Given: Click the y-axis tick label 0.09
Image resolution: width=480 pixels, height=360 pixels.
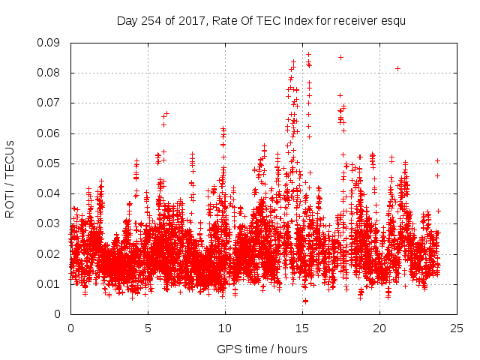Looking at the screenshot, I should coord(51,43).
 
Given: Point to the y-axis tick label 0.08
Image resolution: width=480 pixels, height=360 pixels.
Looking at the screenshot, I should coord(51,73).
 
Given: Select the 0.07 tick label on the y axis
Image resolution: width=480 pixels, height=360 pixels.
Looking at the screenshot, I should coord(51,103).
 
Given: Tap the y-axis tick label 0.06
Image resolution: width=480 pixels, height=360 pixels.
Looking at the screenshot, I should coord(51,133).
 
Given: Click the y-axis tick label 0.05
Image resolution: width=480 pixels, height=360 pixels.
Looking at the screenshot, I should coord(51,163).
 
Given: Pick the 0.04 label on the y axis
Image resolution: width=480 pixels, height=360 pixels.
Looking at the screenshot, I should coord(51,193).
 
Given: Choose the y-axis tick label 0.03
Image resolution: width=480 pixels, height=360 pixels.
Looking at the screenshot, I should coord(51,223).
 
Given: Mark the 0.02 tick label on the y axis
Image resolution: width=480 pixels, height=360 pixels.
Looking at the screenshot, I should coord(51,253).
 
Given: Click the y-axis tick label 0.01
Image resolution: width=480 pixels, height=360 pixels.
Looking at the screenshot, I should coord(51,283).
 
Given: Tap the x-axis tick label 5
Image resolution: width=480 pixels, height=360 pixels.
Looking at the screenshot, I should coord(148,328).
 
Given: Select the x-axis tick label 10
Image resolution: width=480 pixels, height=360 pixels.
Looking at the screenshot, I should coord(225,328).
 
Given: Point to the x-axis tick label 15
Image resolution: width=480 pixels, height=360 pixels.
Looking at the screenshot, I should coord(302,328).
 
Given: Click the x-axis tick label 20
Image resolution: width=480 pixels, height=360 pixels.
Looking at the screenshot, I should coord(380,328).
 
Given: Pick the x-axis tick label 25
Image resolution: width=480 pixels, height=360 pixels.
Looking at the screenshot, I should coord(457,328).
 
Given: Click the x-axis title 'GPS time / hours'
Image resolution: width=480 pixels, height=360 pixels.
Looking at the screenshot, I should coord(262,349).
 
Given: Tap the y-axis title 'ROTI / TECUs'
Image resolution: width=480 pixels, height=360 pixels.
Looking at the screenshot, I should coord(10,178).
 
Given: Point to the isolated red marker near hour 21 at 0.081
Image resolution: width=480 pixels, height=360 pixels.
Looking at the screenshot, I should coord(397,69).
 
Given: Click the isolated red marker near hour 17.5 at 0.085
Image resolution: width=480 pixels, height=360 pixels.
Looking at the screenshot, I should coord(340,57).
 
